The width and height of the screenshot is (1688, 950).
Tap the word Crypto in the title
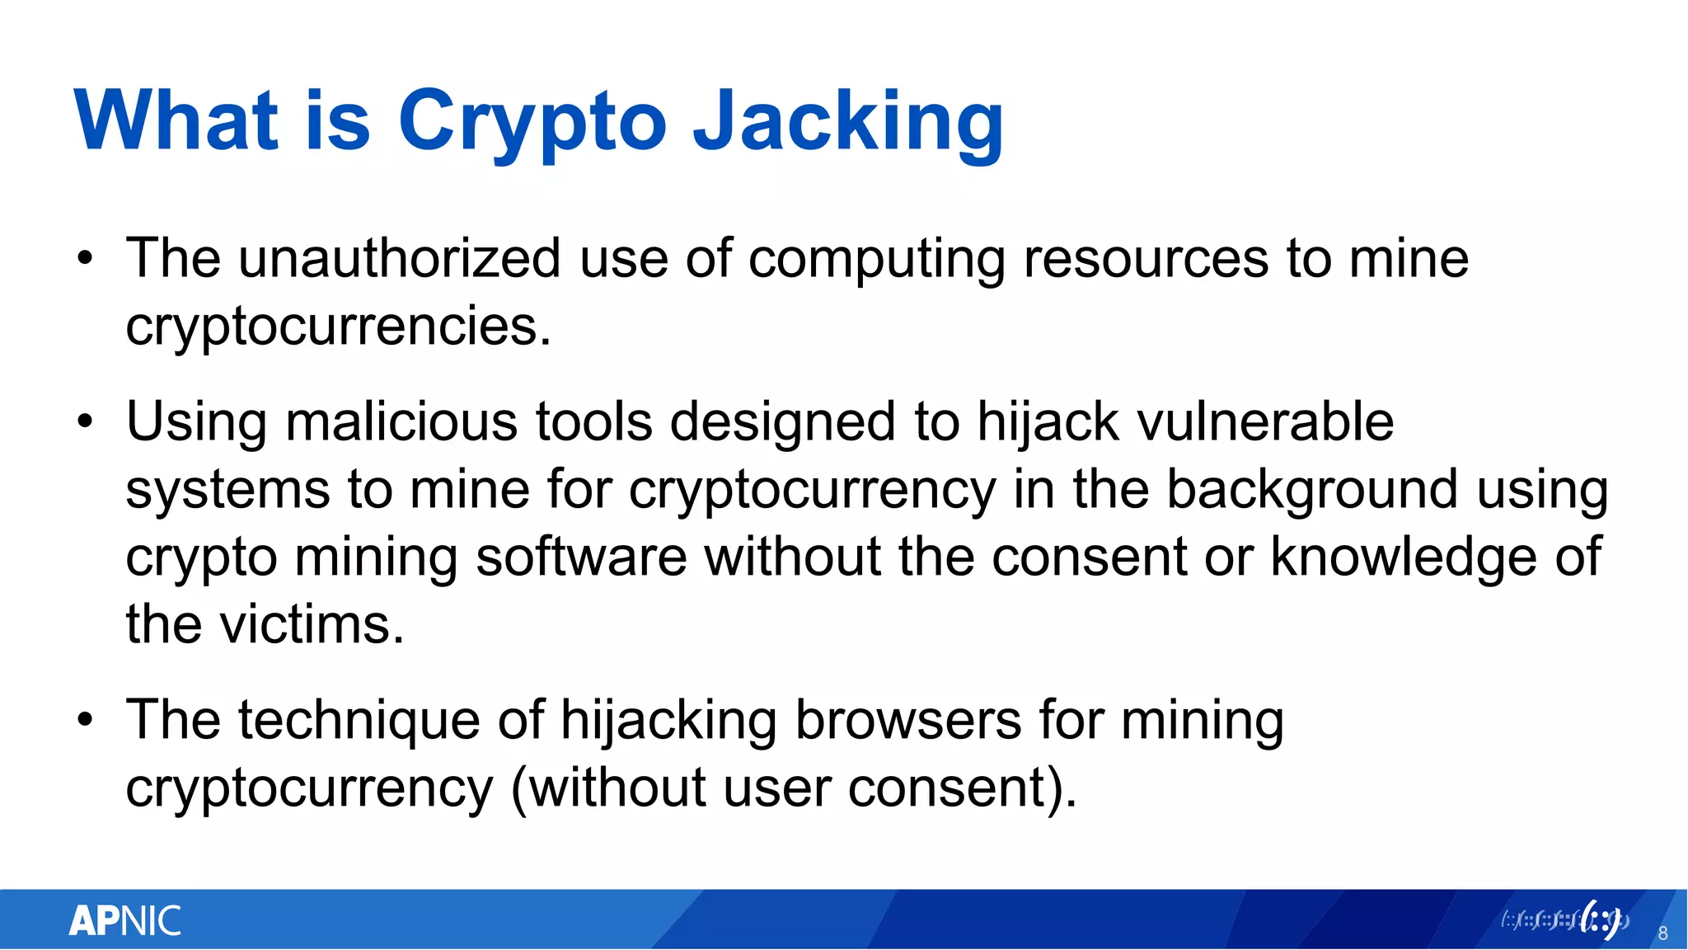pos(532,122)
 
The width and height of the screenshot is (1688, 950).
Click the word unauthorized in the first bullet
pos(401,259)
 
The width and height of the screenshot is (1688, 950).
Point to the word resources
pos(1146,259)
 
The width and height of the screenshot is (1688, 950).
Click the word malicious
pos(401,422)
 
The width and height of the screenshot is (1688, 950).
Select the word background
pos(1312,490)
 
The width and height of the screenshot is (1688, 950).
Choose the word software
pos(581,557)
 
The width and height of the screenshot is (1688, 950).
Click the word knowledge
pos(1404,557)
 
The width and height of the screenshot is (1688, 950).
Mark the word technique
pos(359,721)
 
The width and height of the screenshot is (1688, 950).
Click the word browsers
pos(907,721)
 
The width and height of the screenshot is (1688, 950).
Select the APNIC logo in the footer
pos(124,920)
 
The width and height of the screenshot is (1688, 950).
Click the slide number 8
pos(1662,934)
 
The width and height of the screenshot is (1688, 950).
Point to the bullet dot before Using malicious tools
pos(85,423)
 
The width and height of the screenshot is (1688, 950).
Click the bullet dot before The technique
pos(85,721)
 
